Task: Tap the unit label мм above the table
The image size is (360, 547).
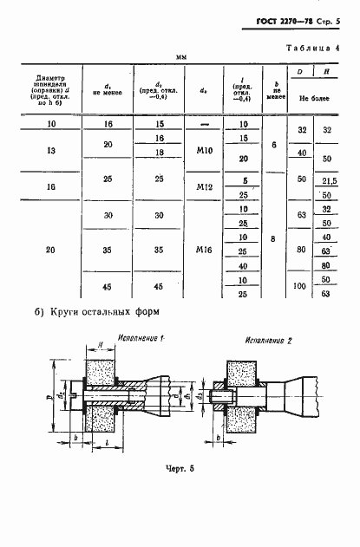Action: click(x=181, y=57)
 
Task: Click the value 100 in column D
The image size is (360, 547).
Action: click(x=299, y=285)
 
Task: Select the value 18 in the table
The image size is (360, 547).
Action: click(x=159, y=153)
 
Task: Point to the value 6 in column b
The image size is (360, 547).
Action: click(x=273, y=145)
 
